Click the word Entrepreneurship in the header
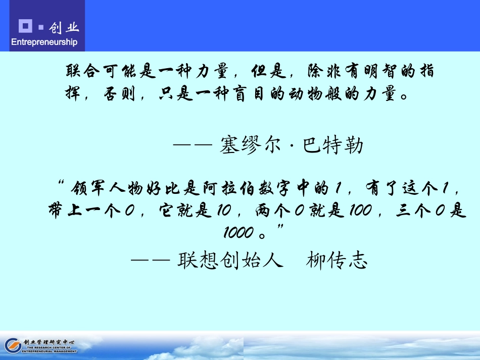[44, 42]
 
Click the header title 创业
[65, 27]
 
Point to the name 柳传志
[336, 261]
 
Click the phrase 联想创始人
[230, 261]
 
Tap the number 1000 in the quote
[238, 232]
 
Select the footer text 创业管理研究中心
[50, 342]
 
